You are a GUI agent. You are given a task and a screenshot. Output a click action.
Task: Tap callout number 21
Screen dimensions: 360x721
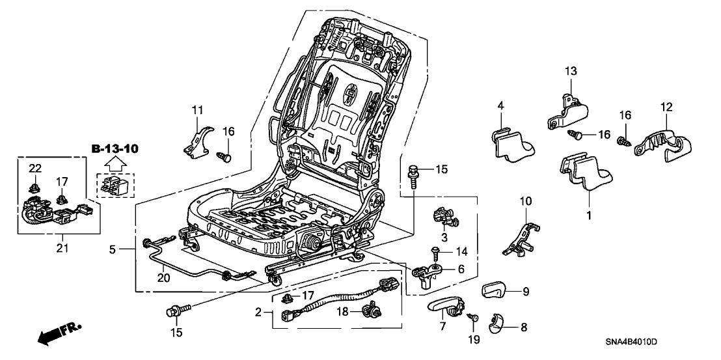[62, 247]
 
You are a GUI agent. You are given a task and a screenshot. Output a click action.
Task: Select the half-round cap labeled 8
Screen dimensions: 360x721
[500, 321]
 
